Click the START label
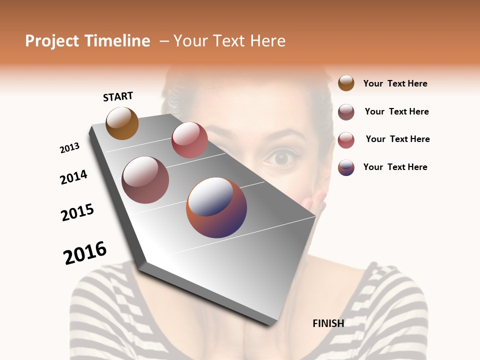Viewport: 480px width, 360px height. click(x=118, y=96)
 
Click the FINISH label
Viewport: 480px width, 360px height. click(x=328, y=323)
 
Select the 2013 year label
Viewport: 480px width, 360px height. click(x=69, y=148)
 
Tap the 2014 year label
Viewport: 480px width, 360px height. click(x=74, y=177)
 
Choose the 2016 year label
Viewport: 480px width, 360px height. click(x=85, y=253)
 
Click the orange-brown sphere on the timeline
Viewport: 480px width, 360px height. click(x=122, y=123)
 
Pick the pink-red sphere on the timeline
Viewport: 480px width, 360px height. click(x=189, y=140)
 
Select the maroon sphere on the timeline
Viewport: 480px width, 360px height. click(x=145, y=180)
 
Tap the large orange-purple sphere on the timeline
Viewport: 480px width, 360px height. click(x=216, y=207)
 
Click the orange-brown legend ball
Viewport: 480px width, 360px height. click(x=346, y=83)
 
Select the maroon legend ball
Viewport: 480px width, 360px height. click(x=346, y=112)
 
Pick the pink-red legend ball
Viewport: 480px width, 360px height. click(x=346, y=140)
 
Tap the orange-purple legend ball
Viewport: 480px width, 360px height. click(x=346, y=167)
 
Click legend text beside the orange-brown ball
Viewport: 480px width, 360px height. click(x=395, y=83)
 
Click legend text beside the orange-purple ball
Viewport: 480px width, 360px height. click(x=395, y=167)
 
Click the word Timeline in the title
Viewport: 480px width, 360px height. click(x=117, y=41)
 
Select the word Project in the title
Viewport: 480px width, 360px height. click(x=52, y=41)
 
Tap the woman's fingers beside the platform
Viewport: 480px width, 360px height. click(x=316, y=202)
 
